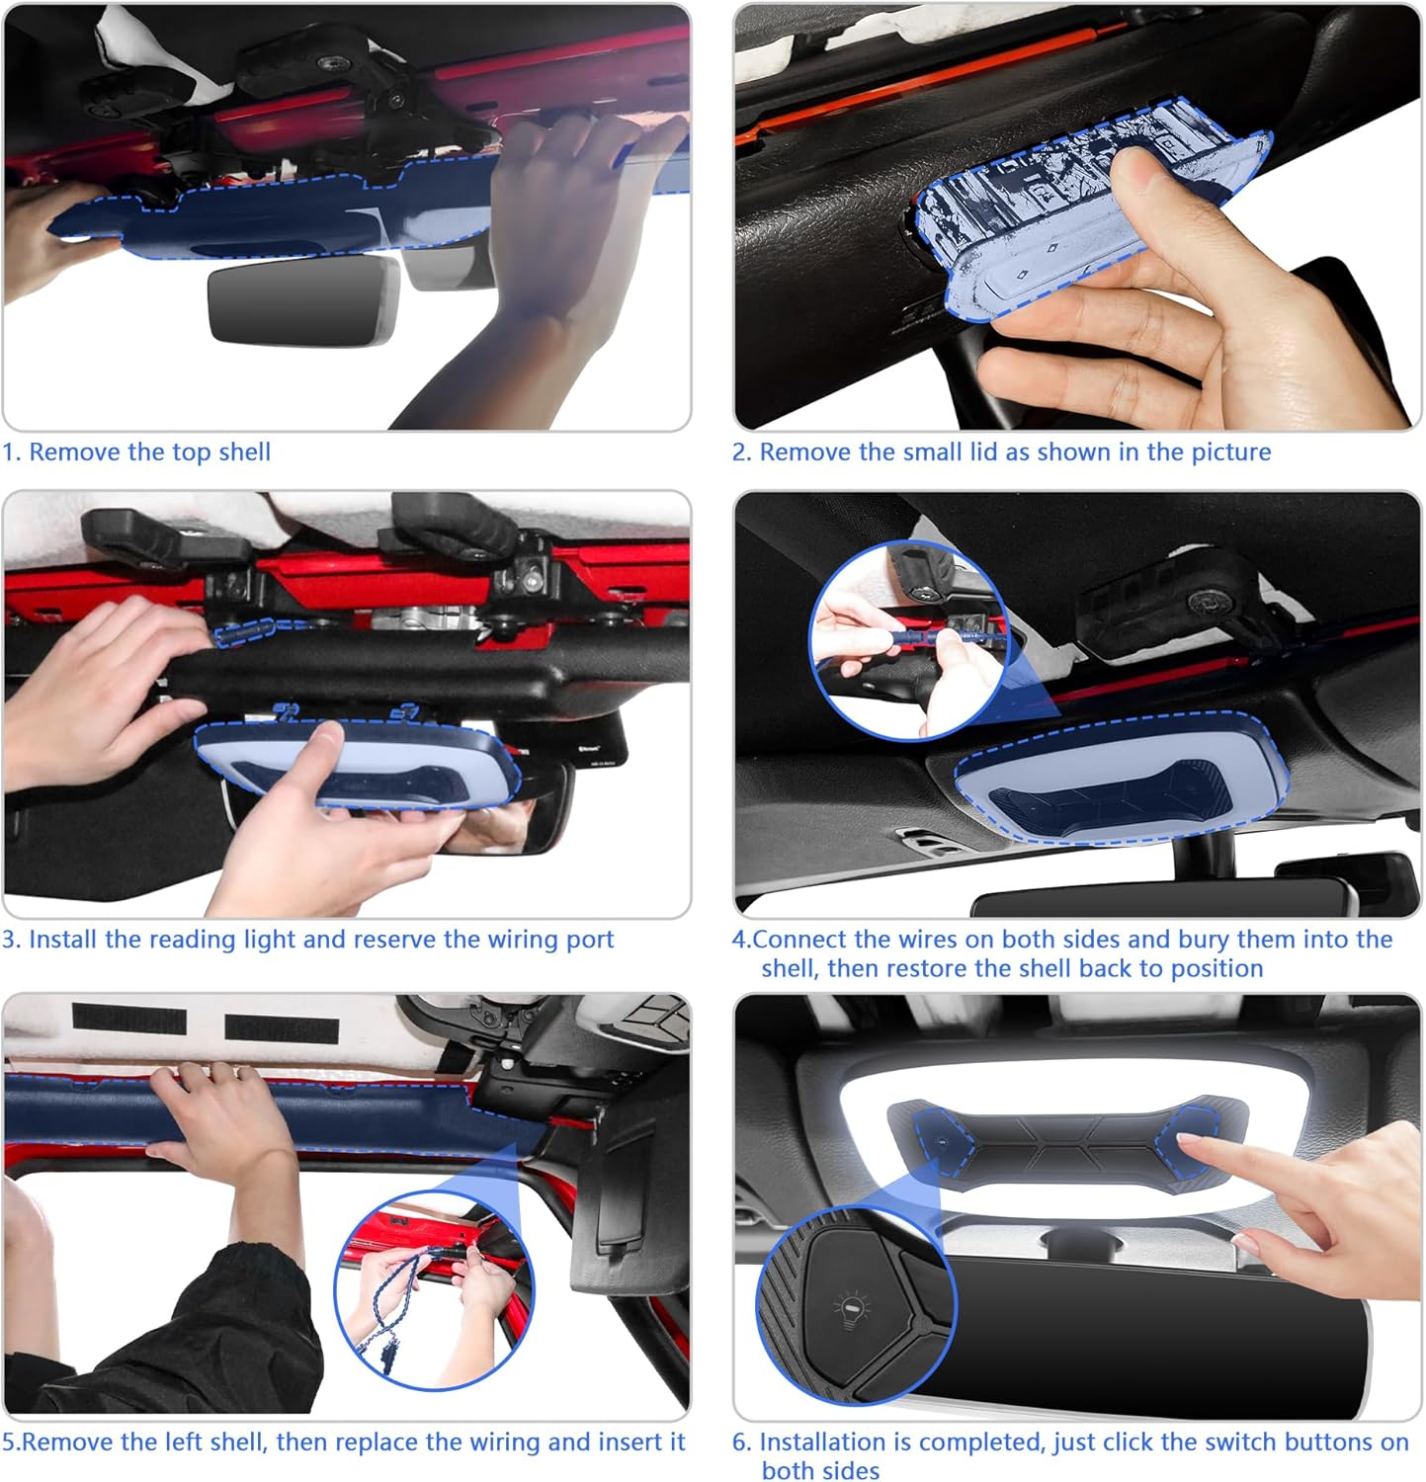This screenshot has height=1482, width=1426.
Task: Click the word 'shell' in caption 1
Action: coord(244,453)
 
